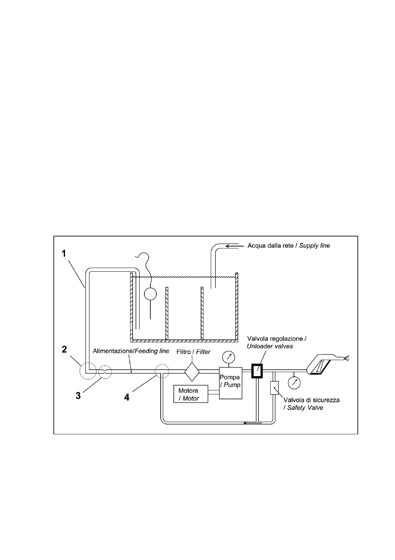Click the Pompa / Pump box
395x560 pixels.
(x=230, y=383)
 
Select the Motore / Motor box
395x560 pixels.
(x=191, y=394)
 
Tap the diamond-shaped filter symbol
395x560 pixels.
(x=192, y=372)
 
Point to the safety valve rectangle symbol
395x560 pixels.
(x=274, y=388)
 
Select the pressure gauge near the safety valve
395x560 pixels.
(x=294, y=382)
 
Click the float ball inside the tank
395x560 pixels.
(x=150, y=294)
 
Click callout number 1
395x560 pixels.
(x=64, y=254)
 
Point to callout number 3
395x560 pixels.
(x=78, y=396)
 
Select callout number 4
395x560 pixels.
(x=126, y=397)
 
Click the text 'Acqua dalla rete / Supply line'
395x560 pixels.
(x=289, y=246)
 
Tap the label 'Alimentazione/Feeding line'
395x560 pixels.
(x=131, y=351)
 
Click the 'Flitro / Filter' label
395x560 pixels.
(x=194, y=352)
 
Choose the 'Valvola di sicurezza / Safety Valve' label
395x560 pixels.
(x=311, y=404)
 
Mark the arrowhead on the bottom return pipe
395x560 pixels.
(x=246, y=423)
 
